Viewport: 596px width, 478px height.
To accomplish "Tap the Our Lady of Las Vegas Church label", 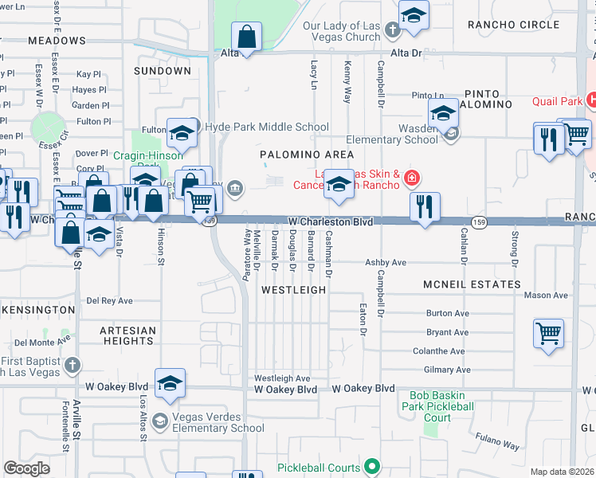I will tap(342, 31).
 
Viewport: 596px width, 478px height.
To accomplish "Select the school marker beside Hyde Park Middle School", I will tap(182, 133).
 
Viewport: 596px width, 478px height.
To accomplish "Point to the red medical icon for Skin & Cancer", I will tap(412, 177).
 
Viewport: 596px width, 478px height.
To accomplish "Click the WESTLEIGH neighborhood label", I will tap(294, 291).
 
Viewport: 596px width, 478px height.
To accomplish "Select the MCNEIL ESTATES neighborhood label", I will tap(472, 284).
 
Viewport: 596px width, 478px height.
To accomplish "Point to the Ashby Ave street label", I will tap(386, 262).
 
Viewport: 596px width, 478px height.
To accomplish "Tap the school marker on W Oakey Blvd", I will tap(170, 384).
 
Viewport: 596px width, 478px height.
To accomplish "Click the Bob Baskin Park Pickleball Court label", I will tap(441, 406).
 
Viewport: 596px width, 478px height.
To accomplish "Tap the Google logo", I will tap(26, 468).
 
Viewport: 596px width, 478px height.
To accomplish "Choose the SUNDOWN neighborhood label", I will tap(162, 71).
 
